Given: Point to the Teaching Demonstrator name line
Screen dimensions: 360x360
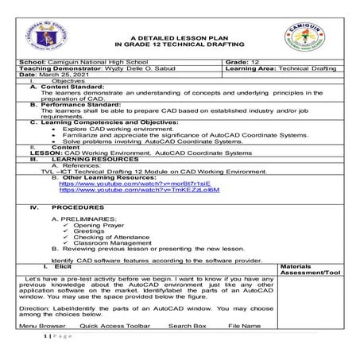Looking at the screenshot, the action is point(87,68).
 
